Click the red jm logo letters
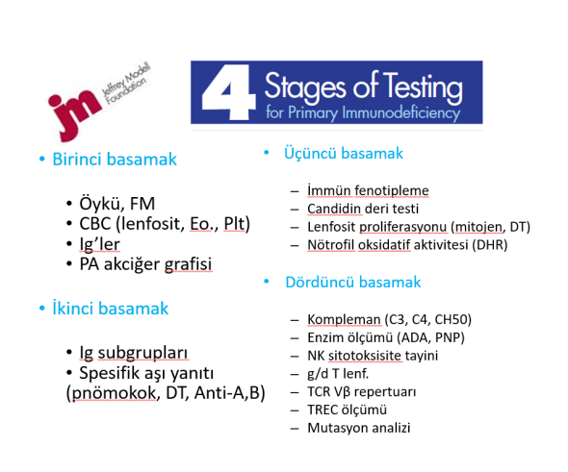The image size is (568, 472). (74, 112)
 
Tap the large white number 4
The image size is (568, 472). (228, 92)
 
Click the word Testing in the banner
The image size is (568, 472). (423, 87)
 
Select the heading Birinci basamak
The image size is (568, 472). (115, 160)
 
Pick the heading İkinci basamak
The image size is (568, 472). (111, 309)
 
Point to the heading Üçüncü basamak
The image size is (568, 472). (344, 153)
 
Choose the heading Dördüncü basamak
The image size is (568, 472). (353, 282)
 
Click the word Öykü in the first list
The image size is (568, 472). (98, 203)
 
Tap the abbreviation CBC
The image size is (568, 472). (95, 224)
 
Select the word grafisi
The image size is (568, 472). (188, 264)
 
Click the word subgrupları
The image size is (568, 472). (143, 353)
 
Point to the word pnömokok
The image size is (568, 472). (115, 393)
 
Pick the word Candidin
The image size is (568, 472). (334, 209)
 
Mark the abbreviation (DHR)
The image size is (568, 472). (490, 245)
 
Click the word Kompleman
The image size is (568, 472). (344, 319)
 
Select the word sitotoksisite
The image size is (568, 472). (365, 356)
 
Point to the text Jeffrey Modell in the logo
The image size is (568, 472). (125, 80)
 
